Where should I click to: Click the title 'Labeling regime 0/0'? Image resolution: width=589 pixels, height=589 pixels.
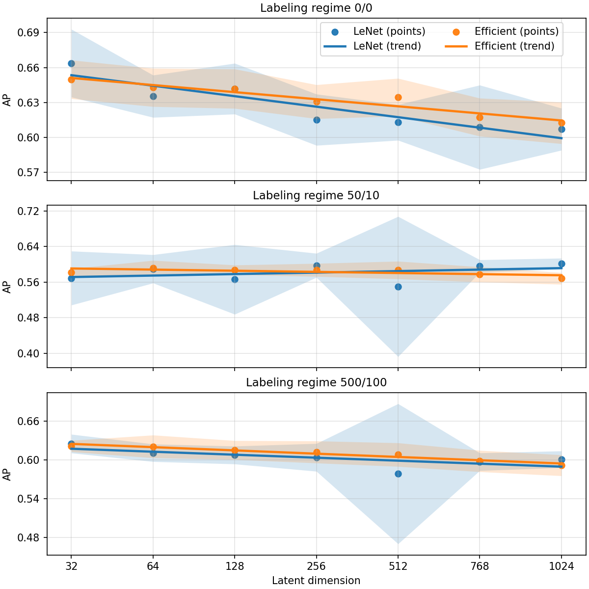click(x=316, y=8)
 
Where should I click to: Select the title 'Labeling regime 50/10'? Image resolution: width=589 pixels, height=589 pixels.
click(x=316, y=195)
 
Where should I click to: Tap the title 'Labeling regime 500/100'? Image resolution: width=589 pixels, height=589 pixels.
click(x=316, y=382)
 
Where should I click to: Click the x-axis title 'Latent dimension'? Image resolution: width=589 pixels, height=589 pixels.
click(x=316, y=581)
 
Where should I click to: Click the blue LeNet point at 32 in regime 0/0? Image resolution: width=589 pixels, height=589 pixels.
click(x=71, y=63)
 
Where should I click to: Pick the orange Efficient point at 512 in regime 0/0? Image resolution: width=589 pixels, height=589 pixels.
click(x=398, y=97)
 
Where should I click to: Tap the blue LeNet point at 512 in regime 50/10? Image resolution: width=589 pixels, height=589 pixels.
click(x=398, y=287)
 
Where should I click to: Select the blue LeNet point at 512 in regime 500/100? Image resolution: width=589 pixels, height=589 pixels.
click(x=398, y=474)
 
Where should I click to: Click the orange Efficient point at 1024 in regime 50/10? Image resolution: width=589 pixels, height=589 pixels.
click(x=562, y=278)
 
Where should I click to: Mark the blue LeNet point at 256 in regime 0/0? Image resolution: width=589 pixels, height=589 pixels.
click(x=317, y=120)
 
